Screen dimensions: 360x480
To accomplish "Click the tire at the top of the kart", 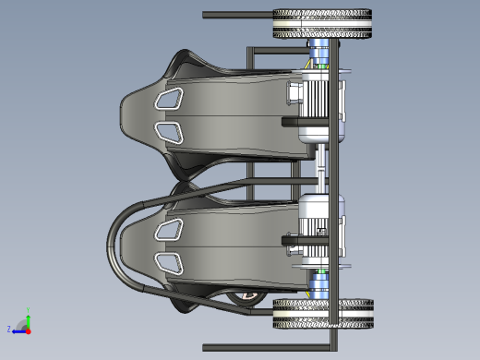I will click(323, 24).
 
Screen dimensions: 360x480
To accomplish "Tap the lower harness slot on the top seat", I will click(168, 132).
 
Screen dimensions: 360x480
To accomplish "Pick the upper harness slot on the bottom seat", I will click(168, 227).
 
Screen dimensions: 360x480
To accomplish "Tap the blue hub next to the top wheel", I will click(319, 54).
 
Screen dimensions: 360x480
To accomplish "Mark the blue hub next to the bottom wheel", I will click(319, 283).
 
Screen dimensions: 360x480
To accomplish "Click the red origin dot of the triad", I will click(29, 330).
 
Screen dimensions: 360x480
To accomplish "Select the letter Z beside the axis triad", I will click(9, 329).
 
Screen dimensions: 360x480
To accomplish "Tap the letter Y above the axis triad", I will click(29, 310).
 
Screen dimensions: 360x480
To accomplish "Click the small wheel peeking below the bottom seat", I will click(246, 298).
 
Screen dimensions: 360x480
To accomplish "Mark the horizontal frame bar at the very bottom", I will click(268, 351).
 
